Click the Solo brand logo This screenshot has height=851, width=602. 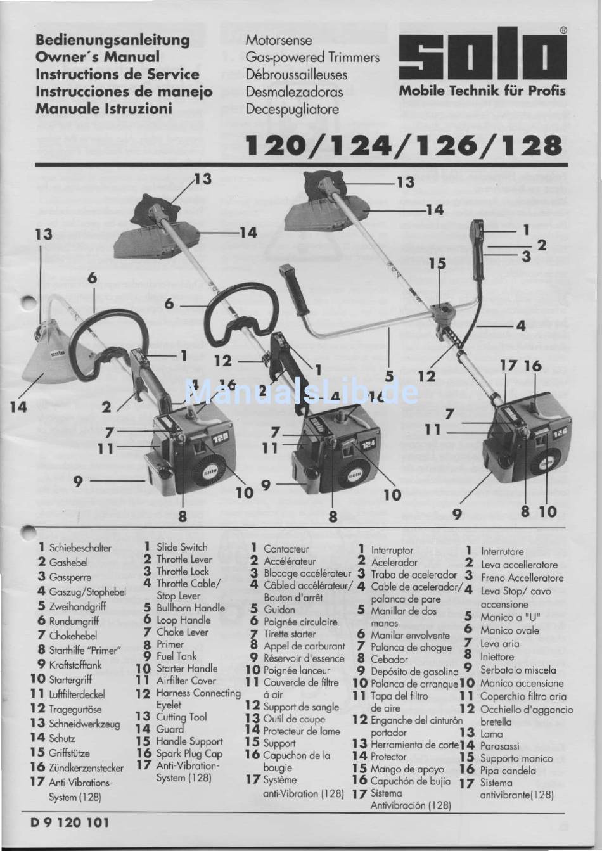coord(483,53)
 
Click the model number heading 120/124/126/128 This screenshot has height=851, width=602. coord(404,146)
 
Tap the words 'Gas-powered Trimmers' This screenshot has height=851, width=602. coord(312,58)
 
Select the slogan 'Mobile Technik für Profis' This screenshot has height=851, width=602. coord(482,91)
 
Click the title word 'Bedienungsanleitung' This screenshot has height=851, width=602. coord(112,41)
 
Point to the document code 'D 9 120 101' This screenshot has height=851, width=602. coord(70,822)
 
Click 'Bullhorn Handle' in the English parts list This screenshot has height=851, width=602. coord(191,608)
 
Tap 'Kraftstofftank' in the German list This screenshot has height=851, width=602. coord(75,665)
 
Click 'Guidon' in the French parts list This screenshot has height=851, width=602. coord(279,610)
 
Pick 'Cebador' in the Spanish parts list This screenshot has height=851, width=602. coord(389,659)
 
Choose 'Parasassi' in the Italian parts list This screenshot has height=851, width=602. coord(499,746)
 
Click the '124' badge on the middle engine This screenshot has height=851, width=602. coord(369,444)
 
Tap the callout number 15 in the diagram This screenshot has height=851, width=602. coord(437,263)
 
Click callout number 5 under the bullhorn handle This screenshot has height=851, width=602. coord(389,376)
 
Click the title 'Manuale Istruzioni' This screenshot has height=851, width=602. coord(104,109)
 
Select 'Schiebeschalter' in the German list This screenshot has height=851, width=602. coord(80,548)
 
